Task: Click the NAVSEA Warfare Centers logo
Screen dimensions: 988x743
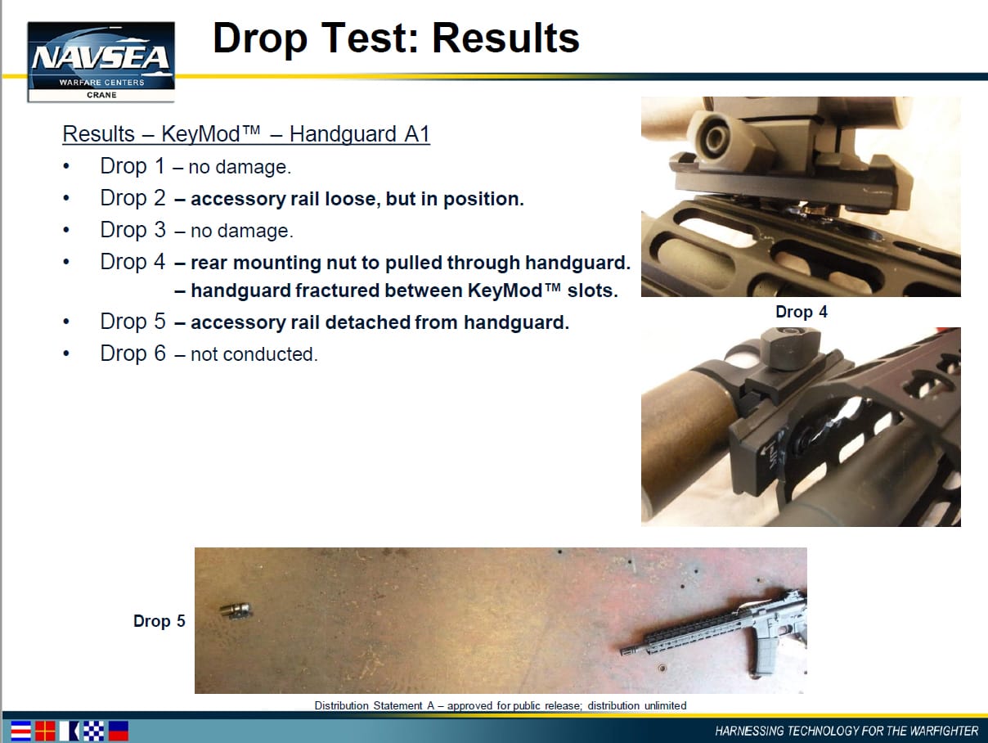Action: pos(101,61)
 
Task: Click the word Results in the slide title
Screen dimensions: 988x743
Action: pos(505,38)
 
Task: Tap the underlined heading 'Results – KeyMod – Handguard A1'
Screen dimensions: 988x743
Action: pos(246,134)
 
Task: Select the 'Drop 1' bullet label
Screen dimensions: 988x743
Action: pos(132,166)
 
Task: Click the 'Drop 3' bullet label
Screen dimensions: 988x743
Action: pos(132,230)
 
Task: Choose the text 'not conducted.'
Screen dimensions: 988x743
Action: pos(254,354)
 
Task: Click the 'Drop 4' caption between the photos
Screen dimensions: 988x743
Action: pos(802,312)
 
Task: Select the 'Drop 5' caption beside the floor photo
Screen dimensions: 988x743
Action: pos(159,621)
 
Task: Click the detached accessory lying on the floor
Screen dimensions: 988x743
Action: pos(236,611)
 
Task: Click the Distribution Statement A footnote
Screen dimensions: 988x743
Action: pos(500,705)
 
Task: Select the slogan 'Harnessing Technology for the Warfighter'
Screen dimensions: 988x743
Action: pos(847,731)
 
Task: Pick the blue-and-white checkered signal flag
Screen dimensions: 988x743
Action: pos(93,731)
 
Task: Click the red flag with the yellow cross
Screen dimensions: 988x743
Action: pos(45,731)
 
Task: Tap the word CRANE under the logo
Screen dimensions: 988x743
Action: pos(101,95)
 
